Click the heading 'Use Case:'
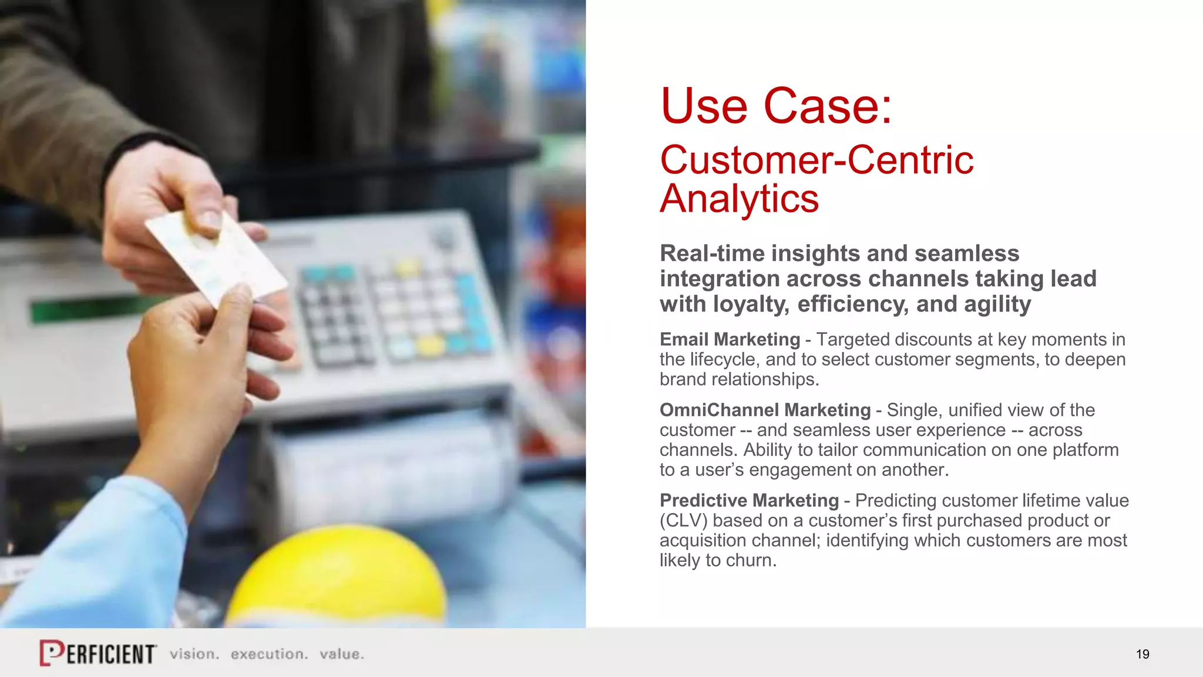click(775, 106)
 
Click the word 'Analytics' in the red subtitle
click(739, 199)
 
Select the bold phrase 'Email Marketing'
click(730, 339)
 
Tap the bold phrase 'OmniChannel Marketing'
click(765, 410)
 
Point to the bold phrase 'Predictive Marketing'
click(749, 500)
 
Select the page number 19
click(1142, 654)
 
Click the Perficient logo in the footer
click(98, 653)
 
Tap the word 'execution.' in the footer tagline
click(269, 654)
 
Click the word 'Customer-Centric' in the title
click(816, 160)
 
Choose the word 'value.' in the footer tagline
click(342, 654)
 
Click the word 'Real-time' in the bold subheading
click(711, 253)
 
